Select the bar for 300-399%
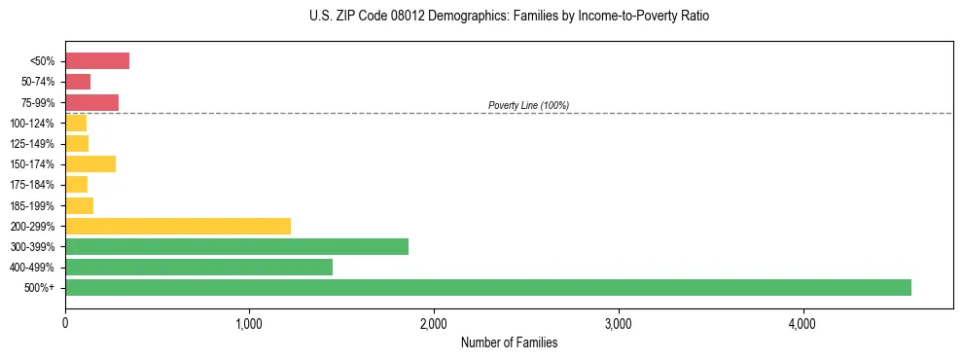[236, 246]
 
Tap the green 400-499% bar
[198, 267]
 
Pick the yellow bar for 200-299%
[178, 226]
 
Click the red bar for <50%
[97, 61]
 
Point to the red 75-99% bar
[91, 102]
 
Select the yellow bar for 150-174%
[90, 163]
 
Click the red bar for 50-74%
[78, 82]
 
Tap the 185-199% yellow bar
[79, 205]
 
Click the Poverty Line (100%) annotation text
[528, 105]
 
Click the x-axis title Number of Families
[509, 343]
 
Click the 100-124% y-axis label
[32, 124]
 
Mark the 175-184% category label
[32, 185]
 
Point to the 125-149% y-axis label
[32, 144]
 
